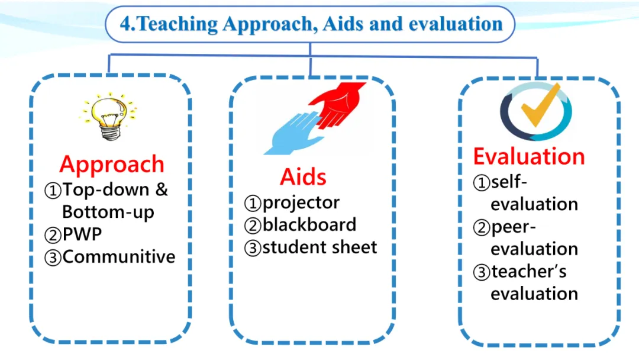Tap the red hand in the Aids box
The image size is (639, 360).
click(x=337, y=104)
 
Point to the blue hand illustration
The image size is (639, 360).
click(x=294, y=133)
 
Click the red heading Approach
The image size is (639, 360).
click(x=112, y=164)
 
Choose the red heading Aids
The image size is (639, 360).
click(x=303, y=177)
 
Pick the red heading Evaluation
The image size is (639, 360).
click(x=529, y=156)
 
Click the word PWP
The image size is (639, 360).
click(x=82, y=234)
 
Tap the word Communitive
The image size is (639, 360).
click(x=119, y=257)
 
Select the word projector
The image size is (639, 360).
click(x=301, y=203)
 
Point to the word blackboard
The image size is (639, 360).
click(x=309, y=224)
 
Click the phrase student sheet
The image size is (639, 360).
click(x=320, y=247)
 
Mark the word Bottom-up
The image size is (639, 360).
click(x=108, y=212)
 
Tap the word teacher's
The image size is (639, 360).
click(x=529, y=272)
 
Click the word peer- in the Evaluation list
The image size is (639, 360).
click(x=514, y=227)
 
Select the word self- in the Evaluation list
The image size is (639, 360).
click(x=509, y=182)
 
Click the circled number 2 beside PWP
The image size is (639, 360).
click(x=53, y=235)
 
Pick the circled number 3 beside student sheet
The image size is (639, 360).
click(x=253, y=248)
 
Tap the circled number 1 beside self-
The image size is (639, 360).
click(x=481, y=182)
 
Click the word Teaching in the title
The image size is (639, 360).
click(x=177, y=24)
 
